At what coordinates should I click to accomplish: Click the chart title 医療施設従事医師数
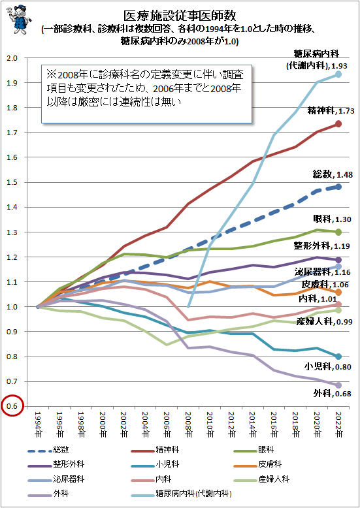tap(180, 14)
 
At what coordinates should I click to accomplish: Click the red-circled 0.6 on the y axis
tap(12, 407)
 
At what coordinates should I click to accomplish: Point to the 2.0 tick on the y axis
tap(12, 57)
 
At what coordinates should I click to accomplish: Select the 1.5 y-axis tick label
tap(12, 182)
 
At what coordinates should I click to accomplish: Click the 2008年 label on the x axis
tap(189, 425)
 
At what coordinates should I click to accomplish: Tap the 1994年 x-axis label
tap(39, 425)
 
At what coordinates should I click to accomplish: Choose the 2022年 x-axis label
tap(338, 425)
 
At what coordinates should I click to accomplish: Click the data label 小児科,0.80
tap(333, 366)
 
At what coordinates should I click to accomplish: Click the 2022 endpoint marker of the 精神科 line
tap(338, 124)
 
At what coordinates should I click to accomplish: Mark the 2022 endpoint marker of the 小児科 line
tap(338, 357)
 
